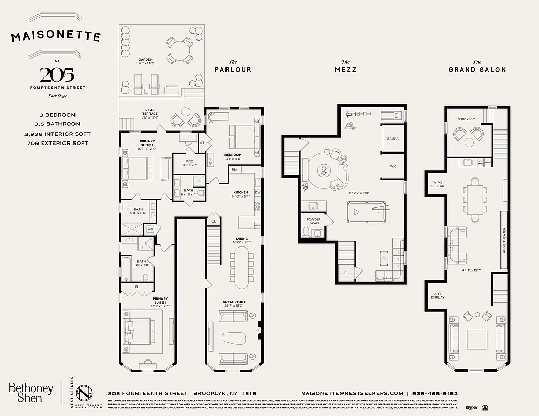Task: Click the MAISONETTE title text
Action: click(x=56, y=36)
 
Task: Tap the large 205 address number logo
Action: click(x=56, y=74)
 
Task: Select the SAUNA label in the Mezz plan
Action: click(x=393, y=139)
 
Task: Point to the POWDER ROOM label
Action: click(x=314, y=221)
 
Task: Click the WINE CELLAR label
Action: click(x=437, y=184)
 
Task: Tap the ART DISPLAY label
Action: click(x=437, y=296)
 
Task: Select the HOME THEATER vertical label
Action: click(x=504, y=240)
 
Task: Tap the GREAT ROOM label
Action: click(x=233, y=302)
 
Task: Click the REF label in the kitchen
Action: click(x=235, y=170)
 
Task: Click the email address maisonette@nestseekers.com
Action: click(x=352, y=393)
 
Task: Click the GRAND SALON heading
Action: click(x=477, y=69)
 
